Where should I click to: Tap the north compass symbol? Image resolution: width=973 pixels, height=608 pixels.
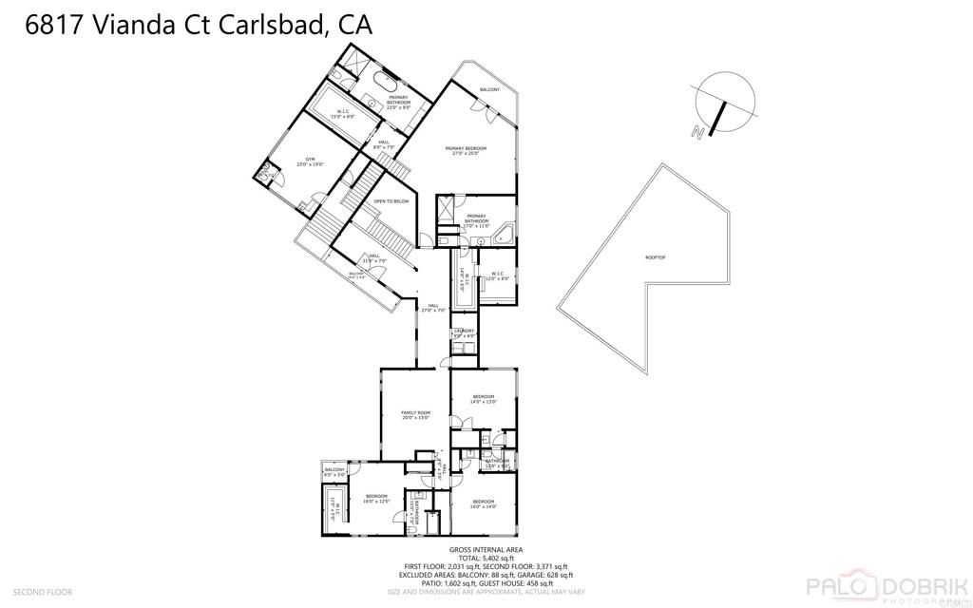click(x=723, y=105)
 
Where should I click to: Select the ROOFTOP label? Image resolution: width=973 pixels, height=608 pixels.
click(x=656, y=257)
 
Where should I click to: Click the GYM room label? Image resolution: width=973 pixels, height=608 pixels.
click(x=310, y=161)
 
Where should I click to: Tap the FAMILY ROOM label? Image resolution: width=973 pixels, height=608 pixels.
click(x=416, y=415)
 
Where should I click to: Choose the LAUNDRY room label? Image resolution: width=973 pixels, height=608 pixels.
click(x=464, y=332)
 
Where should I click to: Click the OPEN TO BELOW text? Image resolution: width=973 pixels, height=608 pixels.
click(x=391, y=201)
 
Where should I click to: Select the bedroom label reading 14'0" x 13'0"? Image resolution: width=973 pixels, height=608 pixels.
click(x=484, y=399)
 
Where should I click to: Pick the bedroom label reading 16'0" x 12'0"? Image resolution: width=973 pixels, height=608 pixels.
click(x=377, y=499)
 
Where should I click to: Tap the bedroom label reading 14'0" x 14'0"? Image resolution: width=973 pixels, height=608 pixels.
click(x=484, y=503)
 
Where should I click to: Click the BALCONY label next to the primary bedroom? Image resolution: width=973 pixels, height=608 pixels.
click(x=489, y=89)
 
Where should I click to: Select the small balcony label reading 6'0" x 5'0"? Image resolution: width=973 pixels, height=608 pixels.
click(x=334, y=472)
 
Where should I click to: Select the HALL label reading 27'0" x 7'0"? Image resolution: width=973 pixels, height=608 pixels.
click(x=434, y=308)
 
